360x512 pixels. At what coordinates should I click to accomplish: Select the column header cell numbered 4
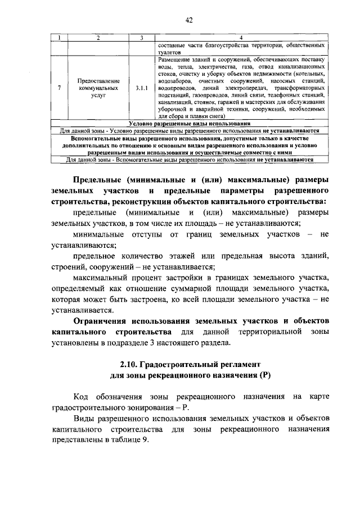pyautogui.click(x=241, y=38)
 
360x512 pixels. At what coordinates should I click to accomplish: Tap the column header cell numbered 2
pyautogui.click(x=98, y=38)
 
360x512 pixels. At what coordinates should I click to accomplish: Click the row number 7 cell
pyautogui.click(x=60, y=88)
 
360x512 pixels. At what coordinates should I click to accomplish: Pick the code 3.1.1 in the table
pyautogui.click(x=142, y=88)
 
